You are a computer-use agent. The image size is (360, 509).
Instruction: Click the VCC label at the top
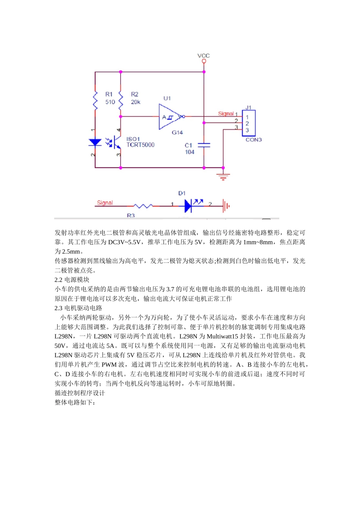[x=203, y=56]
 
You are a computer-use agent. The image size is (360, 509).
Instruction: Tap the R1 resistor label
[x=109, y=94]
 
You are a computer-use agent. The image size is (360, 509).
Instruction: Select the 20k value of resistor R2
[x=135, y=102]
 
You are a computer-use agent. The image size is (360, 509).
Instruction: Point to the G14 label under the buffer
[x=177, y=133]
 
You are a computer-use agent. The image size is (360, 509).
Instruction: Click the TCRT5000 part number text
[x=140, y=145]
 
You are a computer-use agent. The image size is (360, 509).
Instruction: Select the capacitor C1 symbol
[x=204, y=145]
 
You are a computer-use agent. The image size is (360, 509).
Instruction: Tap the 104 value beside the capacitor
[x=189, y=152]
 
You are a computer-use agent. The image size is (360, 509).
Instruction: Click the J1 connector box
[x=249, y=123]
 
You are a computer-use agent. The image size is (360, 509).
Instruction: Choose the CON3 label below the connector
[x=254, y=140]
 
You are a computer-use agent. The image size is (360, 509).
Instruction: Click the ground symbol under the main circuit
[x=223, y=176]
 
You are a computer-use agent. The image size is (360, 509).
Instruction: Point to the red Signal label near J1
[x=226, y=114]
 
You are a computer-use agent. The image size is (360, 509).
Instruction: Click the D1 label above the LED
[x=182, y=193]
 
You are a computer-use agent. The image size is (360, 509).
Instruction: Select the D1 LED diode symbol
[x=189, y=206]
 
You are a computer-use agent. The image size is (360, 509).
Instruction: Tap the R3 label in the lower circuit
[x=131, y=215]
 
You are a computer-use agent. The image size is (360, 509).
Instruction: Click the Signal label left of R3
[x=105, y=203]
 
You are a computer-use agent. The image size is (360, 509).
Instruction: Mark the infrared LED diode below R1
[x=95, y=142]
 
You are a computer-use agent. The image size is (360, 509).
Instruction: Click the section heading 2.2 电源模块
[x=72, y=280]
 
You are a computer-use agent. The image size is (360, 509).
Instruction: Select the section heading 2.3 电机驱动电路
[x=78, y=308]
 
